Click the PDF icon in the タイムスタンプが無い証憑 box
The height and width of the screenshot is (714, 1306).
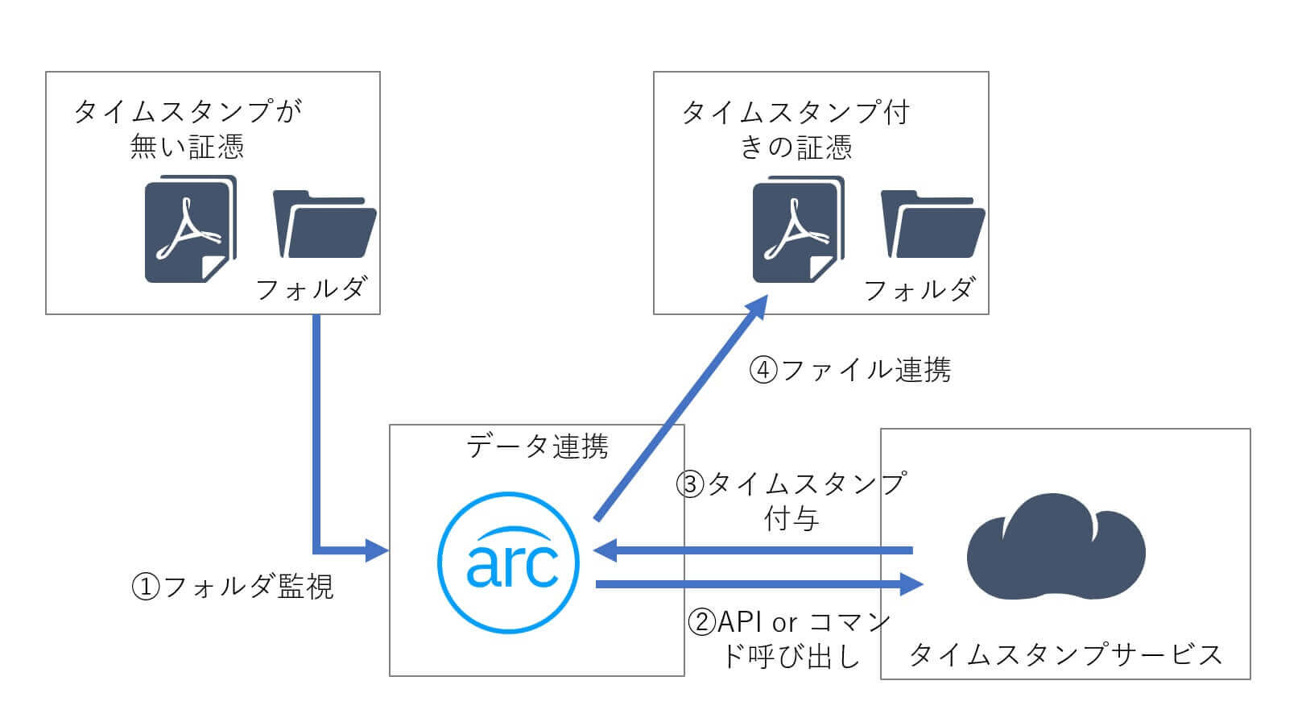point(190,229)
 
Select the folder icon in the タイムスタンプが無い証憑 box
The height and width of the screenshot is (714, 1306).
point(324,224)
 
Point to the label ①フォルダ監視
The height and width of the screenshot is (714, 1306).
point(232,587)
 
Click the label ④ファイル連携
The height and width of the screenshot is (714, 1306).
point(850,370)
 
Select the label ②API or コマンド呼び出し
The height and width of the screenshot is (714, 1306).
point(790,639)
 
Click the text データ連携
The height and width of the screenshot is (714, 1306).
point(537,446)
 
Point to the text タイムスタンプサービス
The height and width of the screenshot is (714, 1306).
point(1065,654)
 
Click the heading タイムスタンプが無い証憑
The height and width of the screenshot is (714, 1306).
point(187,129)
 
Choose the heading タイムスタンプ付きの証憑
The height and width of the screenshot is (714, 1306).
point(796,129)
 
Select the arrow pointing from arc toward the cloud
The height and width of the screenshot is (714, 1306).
point(757,583)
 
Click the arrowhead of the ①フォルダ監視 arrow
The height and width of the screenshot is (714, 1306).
point(377,551)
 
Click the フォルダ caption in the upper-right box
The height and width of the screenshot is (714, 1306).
point(919,289)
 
